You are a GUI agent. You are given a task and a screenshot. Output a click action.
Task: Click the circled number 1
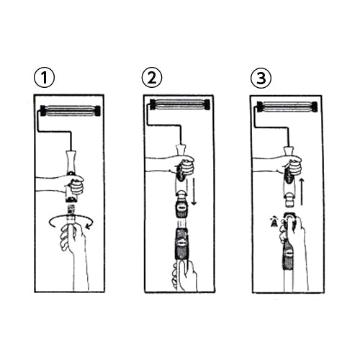coord(44,78)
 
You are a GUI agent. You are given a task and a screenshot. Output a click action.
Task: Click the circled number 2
coord(152,78)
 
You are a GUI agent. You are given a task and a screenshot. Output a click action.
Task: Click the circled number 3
coord(261,78)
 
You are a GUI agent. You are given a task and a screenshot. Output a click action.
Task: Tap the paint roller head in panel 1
coord(71,111)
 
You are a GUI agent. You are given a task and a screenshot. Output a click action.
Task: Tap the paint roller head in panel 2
coord(180,104)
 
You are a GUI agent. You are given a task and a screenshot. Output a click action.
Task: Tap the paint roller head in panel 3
coord(287,107)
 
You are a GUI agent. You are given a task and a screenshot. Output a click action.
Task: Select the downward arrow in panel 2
coord(194,192)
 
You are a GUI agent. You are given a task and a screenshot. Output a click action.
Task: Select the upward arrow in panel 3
coord(302,192)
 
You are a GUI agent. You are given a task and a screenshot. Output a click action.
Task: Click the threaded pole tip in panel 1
coord(71,210)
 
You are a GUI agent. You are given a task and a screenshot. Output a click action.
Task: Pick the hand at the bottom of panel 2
coord(185,276)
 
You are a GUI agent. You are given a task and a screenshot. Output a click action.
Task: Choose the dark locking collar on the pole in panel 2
coord(182,243)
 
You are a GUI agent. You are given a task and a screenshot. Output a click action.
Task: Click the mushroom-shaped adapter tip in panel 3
coord(289,198)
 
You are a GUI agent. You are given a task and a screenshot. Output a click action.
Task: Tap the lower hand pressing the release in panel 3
coord(293,240)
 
